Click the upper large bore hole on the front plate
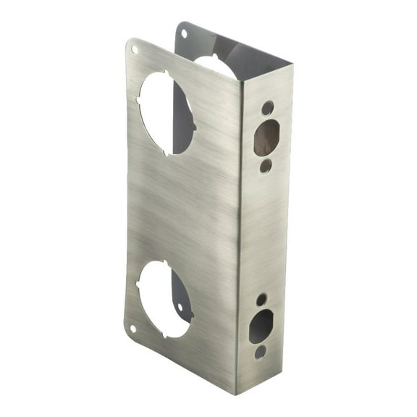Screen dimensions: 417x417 click(166, 112)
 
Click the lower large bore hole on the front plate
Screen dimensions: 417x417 click(164, 298)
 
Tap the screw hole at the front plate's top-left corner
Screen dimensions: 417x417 click(134, 49)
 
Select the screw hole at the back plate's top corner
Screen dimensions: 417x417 click(184, 33)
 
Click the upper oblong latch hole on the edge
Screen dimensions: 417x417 click(266, 138)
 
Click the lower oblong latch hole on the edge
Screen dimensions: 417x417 click(261, 326)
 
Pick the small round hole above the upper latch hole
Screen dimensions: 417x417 click(268, 109)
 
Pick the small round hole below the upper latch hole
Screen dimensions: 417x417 click(266, 166)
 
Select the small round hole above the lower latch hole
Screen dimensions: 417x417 click(261, 299)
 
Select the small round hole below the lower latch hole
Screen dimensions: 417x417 click(260, 352)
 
